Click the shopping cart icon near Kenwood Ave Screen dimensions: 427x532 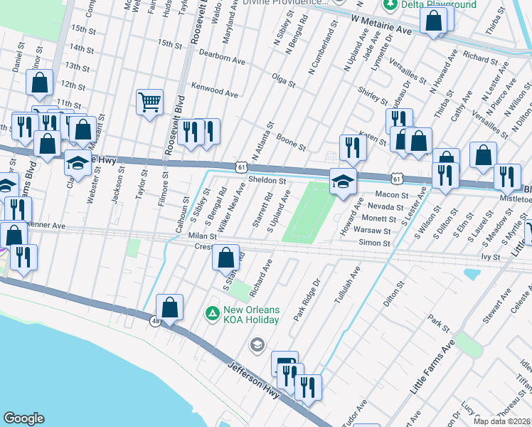tap(149, 102)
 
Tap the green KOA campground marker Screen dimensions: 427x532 tap(212, 313)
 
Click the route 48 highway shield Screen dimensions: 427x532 tap(155, 322)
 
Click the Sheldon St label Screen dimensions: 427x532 tap(267, 181)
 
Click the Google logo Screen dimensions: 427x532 tap(23, 418)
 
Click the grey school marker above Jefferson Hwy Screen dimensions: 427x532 tap(256, 345)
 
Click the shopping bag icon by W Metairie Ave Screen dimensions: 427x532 tap(433, 21)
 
